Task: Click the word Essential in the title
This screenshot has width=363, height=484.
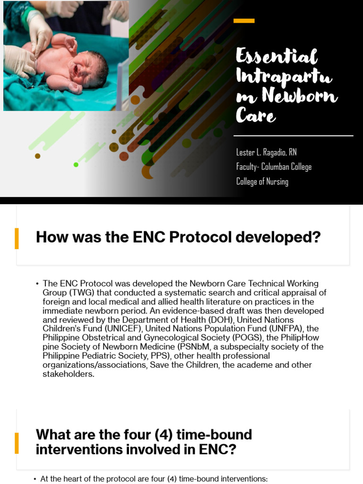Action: pyautogui.click(x=277, y=57)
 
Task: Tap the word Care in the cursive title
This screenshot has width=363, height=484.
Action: pyautogui.click(x=256, y=115)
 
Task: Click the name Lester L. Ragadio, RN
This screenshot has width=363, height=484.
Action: pyautogui.click(x=267, y=152)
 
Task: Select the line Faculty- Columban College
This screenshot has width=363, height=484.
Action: pyautogui.click(x=274, y=167)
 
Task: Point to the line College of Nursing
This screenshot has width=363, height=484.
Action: pyautogui.click(x=262, y=181)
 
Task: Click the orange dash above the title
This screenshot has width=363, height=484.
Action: pyautogui.click(x=244, y=21)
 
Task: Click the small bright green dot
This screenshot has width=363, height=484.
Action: pyautogui.click(x=76, y=164)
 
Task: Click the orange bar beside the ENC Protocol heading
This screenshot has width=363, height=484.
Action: pyautogui.click(x=17, y=238)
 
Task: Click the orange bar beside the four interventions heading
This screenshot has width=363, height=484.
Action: pyautogui.click(x=17, y=443)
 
